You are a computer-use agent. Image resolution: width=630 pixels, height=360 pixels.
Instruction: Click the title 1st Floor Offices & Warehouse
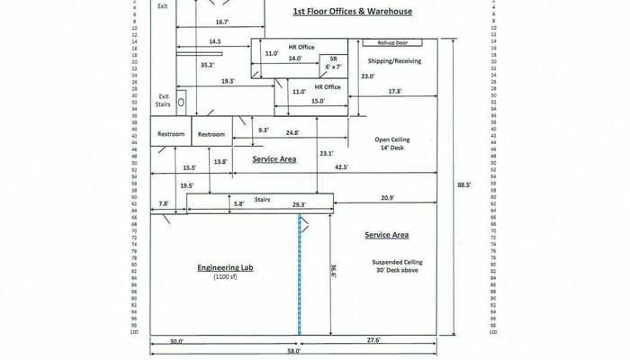pyautogui.click(x=353, y=12)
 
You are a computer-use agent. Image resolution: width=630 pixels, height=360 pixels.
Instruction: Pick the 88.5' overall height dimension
pyautogui.click(x=463, y=185)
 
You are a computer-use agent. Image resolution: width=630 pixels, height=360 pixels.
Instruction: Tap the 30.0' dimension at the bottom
pyautogui.click(x=175, y=341)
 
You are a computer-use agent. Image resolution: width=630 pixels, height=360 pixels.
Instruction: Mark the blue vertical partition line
pyautogui.click(x=300, y=274)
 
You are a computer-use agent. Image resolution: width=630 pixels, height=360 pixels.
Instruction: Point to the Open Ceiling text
pyautogui.click(x=392, y=140)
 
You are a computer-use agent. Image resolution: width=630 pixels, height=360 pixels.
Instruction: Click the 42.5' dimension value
pyautogui.click(x=340, y=166)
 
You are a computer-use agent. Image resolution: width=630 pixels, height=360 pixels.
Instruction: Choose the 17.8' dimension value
pyautogui.click(x=394, y=92)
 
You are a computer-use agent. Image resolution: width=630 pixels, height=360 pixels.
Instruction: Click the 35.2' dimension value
pyautogui.click(x=207, y=65)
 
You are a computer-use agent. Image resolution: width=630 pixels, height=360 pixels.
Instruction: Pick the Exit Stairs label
pyautogui.click(x=164, y=100)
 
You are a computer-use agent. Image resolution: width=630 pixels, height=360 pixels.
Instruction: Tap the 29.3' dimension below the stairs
pyautogui.click(x=298, y=205)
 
